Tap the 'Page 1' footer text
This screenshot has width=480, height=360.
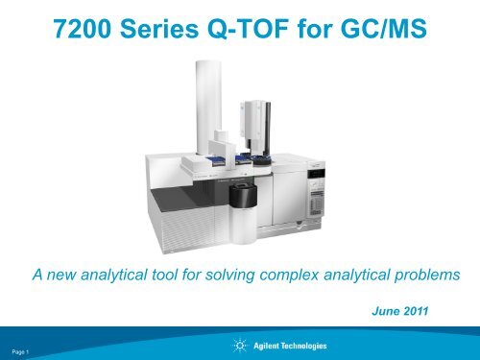[20, 352]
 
